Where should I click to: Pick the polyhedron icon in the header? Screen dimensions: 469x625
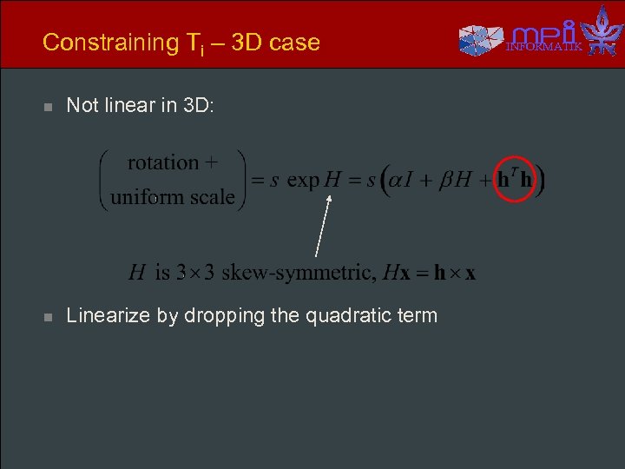480,39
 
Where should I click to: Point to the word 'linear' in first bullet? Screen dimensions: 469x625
131,105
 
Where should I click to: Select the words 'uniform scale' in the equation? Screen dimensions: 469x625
173,196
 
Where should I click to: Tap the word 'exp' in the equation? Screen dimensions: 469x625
303,180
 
